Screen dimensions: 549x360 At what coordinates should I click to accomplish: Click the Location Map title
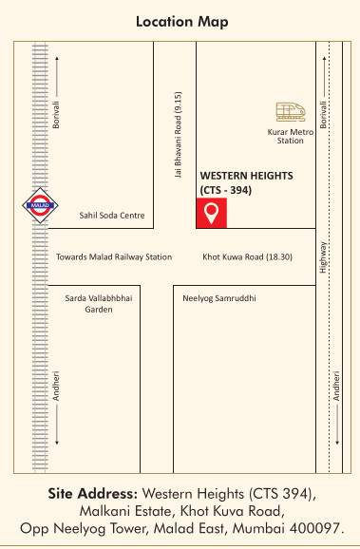coord(180,20)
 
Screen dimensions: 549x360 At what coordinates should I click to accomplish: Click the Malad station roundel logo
coord(39,206)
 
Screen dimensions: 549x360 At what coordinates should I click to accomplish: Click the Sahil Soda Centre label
coord(111,216)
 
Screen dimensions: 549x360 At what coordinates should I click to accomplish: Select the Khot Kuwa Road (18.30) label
coord(247,256)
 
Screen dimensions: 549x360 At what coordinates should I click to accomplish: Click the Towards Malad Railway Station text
coord(114,256)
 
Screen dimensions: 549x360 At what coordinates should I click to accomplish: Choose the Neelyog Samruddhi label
coord(219,298)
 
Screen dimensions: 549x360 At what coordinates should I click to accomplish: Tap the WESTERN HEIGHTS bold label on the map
coord(246,177)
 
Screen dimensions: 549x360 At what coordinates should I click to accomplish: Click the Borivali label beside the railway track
coord(56,115)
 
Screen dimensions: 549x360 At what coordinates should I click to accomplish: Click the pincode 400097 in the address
coord(314,527)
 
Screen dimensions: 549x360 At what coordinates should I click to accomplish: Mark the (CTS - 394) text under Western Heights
coord(224,191)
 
